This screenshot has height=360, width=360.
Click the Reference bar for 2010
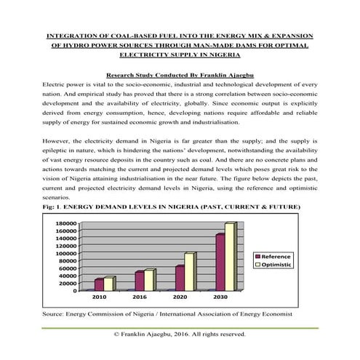(100, 284)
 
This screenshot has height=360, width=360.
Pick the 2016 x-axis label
(140, 297)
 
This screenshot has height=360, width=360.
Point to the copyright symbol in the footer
(116, 335)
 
